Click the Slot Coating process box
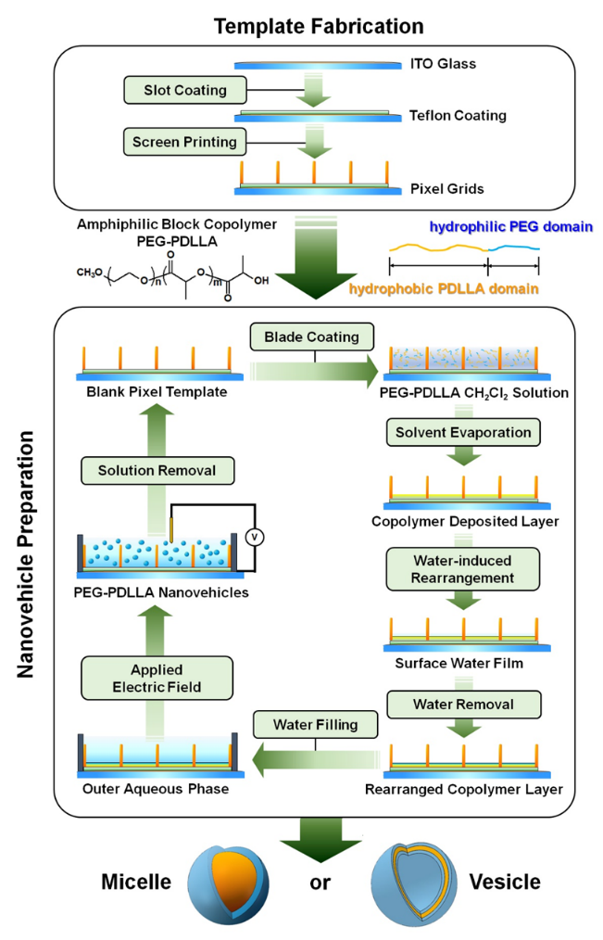point(177,91)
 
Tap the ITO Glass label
point(446,65)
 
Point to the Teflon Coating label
point(458,117)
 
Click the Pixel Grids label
point(446,189)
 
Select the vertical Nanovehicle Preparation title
point(25,553)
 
